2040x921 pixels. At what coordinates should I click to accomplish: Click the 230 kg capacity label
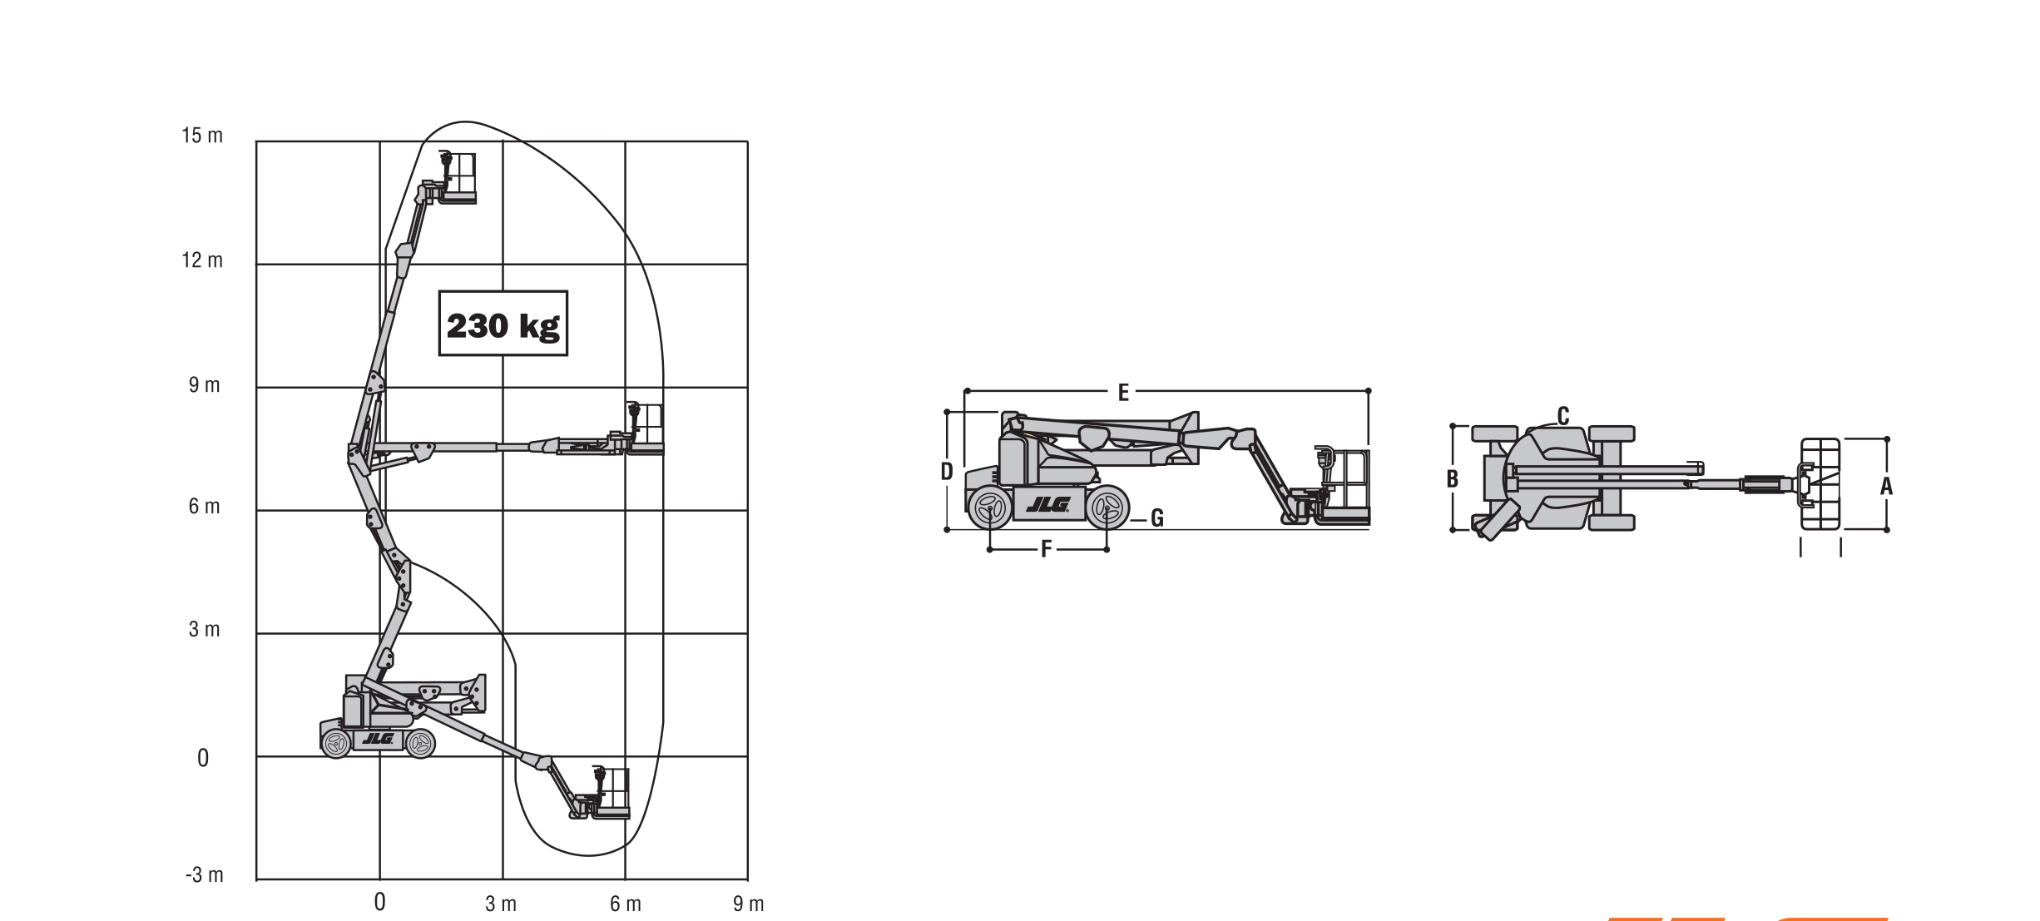point(503,324)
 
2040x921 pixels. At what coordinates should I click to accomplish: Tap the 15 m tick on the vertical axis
point(202,136)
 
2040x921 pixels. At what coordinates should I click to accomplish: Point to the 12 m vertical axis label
point(202,260)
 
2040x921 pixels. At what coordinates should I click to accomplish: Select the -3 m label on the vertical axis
point(205,874)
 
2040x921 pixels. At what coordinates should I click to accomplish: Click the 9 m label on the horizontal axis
point(748,904)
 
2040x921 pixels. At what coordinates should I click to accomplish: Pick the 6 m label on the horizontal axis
point(626,904)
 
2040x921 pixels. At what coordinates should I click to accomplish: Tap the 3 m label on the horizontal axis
point(501,904)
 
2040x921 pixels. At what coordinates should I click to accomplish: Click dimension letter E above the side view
point(1123,393)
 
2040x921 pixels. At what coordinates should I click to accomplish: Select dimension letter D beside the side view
point(947,472)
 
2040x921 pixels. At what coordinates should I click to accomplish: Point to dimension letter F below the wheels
point(1047,549)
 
